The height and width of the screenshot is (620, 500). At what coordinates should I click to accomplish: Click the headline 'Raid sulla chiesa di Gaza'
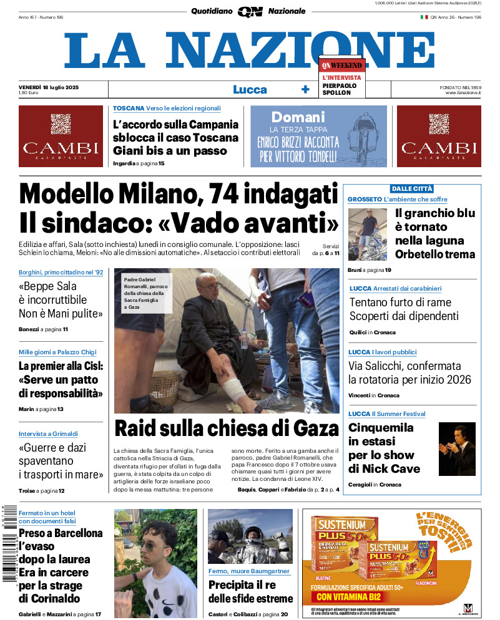point(226,429)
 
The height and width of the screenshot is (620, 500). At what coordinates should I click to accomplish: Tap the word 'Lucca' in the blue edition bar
point(250,89)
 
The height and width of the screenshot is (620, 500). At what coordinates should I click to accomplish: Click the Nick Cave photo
point(457,449)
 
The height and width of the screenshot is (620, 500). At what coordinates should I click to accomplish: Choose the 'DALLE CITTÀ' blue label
point(411,188)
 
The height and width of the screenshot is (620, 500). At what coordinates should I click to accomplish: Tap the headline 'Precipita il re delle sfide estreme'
point(250,592)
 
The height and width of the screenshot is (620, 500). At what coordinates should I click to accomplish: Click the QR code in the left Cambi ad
point(61,124)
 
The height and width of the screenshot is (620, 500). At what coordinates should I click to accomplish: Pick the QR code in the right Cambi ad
point(439,124)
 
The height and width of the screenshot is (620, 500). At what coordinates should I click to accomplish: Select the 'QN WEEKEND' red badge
point(341,65)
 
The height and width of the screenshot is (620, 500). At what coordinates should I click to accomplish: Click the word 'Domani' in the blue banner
point(298,117)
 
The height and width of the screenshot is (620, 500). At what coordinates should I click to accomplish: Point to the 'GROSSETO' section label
point(365,199)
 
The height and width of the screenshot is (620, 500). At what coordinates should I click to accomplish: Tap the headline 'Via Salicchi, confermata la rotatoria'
point(409,373)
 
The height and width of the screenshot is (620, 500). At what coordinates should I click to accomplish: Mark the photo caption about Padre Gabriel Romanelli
point(144,293)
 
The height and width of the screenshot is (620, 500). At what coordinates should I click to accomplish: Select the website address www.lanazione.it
point(463,93)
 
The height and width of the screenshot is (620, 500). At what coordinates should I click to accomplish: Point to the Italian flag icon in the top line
point(424,17)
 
